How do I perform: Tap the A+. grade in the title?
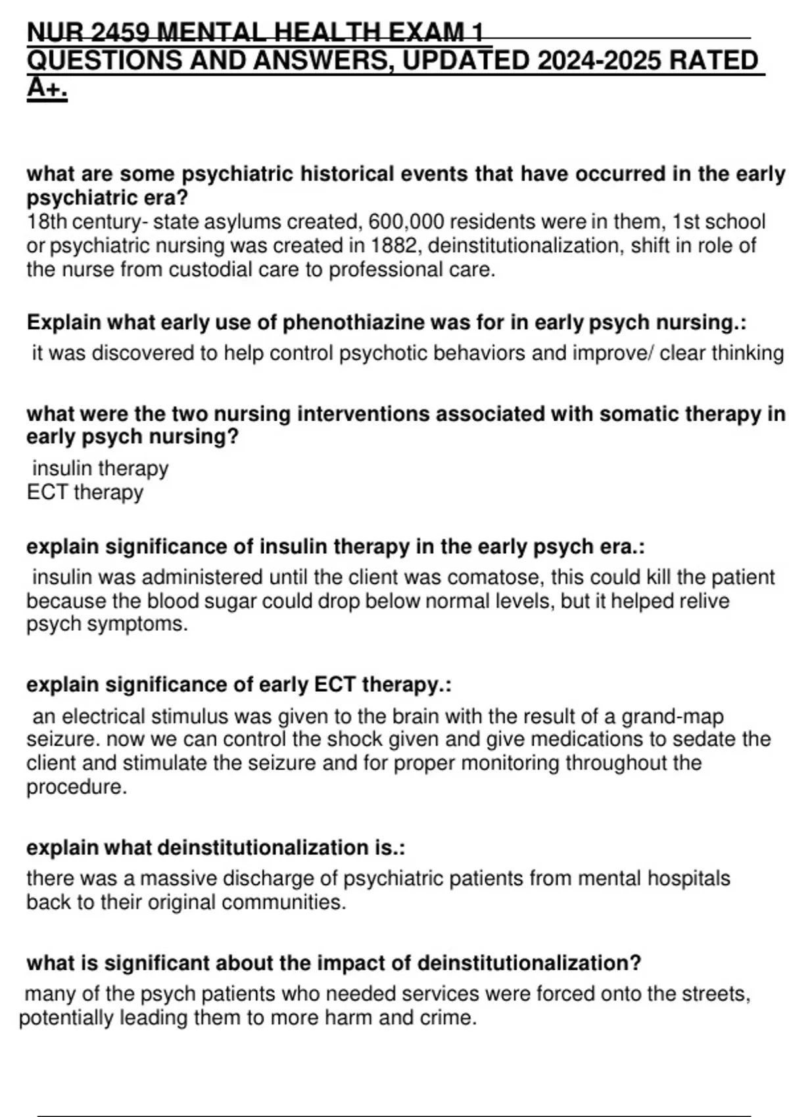coord(47,89)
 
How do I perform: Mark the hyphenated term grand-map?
coord(672,716)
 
